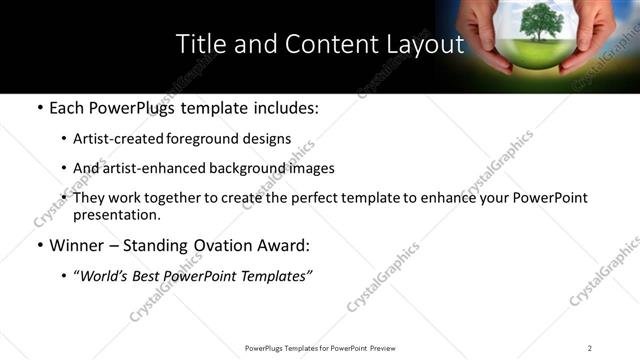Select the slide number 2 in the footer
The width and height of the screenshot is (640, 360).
coord(590,347)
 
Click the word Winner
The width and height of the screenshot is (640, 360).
coord(78,244)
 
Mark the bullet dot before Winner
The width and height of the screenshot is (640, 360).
coord(38,245)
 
